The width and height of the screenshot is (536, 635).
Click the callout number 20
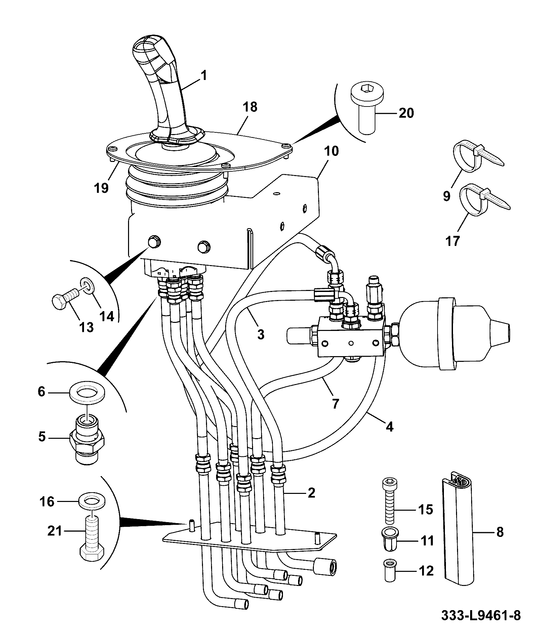[x=406, y=113]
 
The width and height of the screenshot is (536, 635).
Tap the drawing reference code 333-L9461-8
[x=481, y=616]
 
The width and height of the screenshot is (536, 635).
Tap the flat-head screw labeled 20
[x=367, y=109]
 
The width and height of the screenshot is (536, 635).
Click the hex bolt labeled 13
[x=66, y=297]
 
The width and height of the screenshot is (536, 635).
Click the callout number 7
[x=335, y=404]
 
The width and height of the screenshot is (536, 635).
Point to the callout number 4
[x=389, y=427]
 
